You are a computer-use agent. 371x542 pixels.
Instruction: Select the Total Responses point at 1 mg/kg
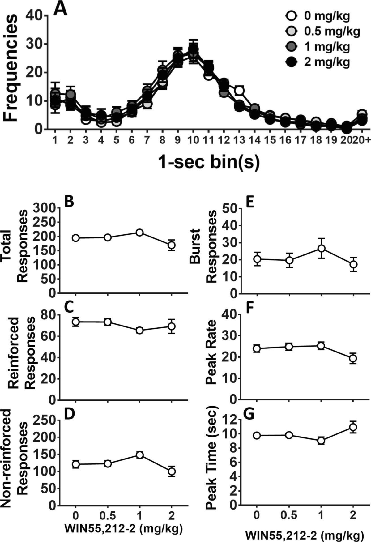coord(139,233)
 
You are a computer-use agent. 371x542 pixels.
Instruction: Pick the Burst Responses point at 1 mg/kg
coord(321,248)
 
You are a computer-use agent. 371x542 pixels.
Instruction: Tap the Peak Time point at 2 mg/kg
coord(353,427)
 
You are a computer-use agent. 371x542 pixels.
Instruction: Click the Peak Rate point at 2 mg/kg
coord(353,358)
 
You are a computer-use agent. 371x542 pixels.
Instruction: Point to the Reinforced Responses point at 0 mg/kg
coord(75,322)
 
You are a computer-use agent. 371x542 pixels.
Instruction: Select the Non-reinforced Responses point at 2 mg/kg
coord(172,471)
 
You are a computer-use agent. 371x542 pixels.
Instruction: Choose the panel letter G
coord(249,415)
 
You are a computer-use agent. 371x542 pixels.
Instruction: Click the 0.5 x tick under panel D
coord(108,515)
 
